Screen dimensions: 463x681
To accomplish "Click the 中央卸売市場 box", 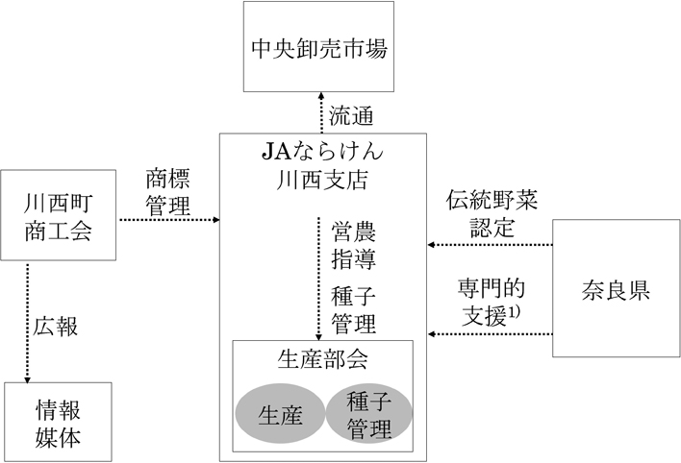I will click(319, 47).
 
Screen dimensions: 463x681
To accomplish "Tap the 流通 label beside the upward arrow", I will click(351, 117).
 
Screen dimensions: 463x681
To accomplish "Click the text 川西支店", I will click(322, 179).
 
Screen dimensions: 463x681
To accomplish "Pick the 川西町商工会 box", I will click(60, 217).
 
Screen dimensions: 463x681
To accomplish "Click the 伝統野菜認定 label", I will click(492, 215).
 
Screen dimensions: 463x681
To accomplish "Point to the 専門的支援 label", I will click(491, 300).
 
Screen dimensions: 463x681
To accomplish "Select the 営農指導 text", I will click(354, 244).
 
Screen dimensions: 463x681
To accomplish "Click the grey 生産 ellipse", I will click(280, 414).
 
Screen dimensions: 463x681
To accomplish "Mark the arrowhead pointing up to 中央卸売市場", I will click(320, 97).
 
